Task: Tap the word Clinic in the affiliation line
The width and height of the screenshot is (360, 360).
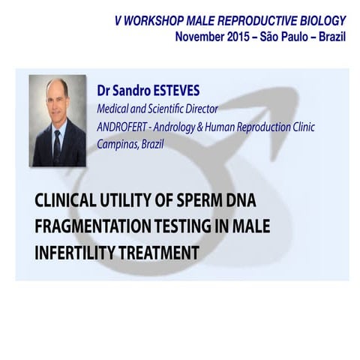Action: [278, 126]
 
